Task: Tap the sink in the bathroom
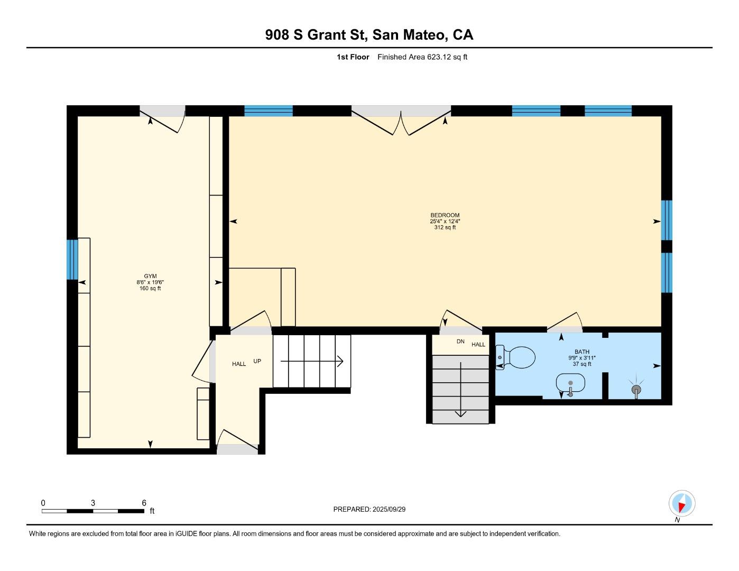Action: (570, 383)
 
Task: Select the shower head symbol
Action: (637, 390)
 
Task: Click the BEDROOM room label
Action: (445, 215)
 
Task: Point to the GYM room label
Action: (150, 276)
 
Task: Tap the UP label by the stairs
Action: (257, 361)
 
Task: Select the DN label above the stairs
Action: (460, 342)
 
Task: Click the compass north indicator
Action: (682, 504)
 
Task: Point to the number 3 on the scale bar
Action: (93, 503)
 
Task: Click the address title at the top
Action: (369, 35)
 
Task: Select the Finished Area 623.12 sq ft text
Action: (422, 57)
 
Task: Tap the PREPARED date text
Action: (369, 509)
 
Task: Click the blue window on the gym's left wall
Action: (72, 259)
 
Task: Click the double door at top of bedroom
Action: (401, 121)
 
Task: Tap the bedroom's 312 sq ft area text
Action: (445, 228)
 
